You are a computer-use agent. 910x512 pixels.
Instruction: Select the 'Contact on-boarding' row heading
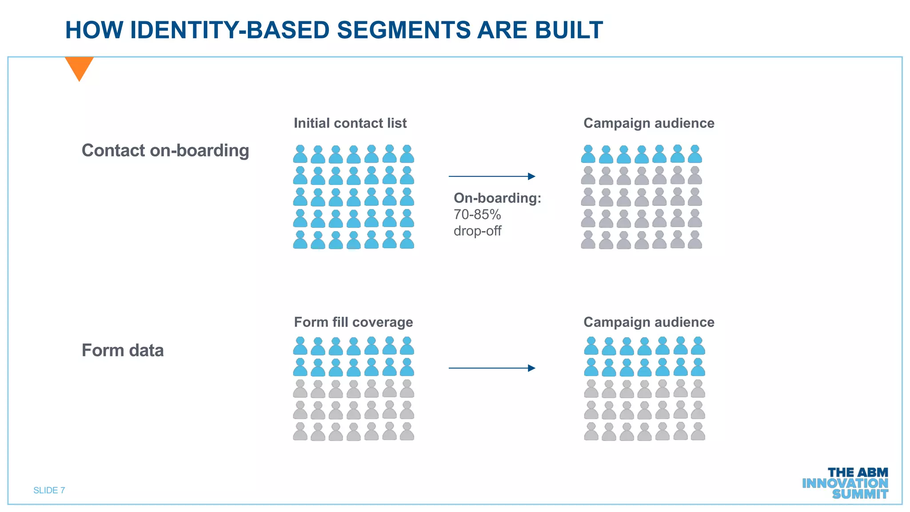coord(165,151)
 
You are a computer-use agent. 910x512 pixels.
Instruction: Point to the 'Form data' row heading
coord(123,351)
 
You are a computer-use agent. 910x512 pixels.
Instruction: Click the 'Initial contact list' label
coord(350,123)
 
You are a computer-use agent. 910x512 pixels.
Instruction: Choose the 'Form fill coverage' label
coord(353,322)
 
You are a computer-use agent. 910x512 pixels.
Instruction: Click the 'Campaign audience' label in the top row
coord(649,123)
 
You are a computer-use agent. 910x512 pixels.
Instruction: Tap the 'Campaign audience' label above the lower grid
coord(649,322)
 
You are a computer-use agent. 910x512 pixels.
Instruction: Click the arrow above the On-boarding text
coord(492,176)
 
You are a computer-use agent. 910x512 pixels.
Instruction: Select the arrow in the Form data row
coord(492,368)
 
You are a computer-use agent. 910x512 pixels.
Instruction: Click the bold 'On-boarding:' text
coord(497,198)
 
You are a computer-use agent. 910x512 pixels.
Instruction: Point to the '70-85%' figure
coord(477,215)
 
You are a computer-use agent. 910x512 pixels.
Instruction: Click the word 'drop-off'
coord(477,231)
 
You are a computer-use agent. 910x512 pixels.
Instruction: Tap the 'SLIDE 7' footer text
coord(49,490)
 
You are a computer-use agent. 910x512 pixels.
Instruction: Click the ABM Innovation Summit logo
coord(845,484)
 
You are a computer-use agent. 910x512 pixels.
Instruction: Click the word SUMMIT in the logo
coord(860,494)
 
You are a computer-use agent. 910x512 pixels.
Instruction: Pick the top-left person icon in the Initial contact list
coord(300,154)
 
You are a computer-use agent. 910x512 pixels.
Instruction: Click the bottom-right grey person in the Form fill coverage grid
coord(407,432)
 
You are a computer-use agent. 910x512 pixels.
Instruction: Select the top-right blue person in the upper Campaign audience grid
coord(695,154)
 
